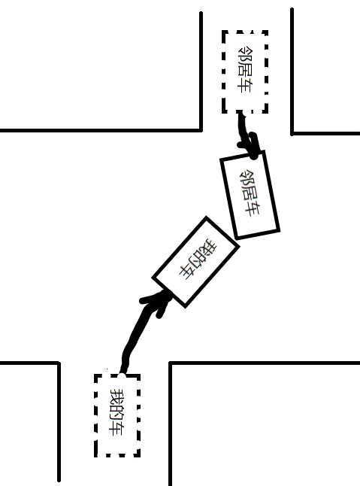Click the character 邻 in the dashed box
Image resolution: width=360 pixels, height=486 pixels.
tap(244, 54)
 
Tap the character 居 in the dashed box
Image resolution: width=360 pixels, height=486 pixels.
tap(244, 70)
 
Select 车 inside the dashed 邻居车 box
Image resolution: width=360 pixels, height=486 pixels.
tap(244, 86)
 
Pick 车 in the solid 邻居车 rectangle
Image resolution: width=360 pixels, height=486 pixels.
tap(253, 210)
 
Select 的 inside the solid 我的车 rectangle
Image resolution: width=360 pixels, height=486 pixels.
tap(198, 258)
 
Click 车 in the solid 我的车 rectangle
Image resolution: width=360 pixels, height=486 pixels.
tap(188, 271)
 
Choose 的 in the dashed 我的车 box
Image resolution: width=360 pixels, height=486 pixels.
tap(118, 412)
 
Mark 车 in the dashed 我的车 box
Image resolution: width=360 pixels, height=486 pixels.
tap(118, 428)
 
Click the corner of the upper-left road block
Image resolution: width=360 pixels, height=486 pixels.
tap(201, 130)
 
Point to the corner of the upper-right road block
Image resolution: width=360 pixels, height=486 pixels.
tap(292, 134)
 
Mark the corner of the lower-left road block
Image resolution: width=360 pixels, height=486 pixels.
tap(59, 363)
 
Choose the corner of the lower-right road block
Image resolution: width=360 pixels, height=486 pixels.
tap(170, 363)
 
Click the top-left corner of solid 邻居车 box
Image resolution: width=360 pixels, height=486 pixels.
tap(221, 159)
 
